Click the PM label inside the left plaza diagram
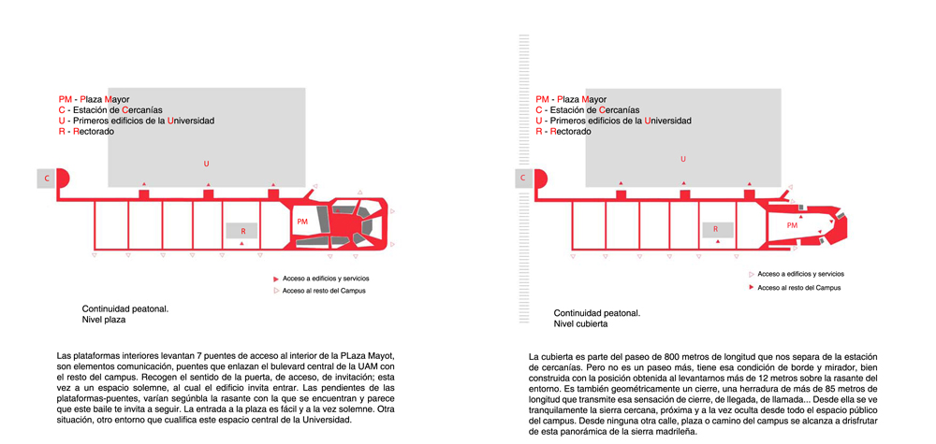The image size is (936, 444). point(302,222)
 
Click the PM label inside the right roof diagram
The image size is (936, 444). point(792,225)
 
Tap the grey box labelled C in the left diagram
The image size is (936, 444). point(47,179)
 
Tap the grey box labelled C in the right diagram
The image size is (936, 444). point(523,178)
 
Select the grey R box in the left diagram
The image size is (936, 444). point(241,231)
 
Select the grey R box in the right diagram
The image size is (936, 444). point(718,230)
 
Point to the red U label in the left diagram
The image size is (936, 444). point(207,164)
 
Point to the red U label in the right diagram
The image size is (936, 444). point(683,159)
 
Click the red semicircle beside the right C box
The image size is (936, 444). point(540,178)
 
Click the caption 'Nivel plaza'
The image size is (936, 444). point(104,320)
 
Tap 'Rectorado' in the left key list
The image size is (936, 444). point(94,132)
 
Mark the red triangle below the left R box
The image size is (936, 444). point(241,244)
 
